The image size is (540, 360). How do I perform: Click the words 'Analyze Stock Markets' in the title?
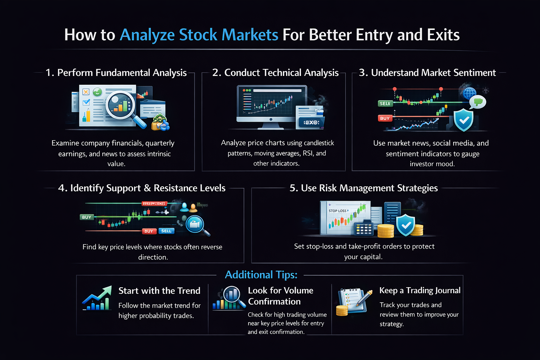[x=199, y=35]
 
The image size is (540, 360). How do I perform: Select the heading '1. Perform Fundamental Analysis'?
[x=116, y=73]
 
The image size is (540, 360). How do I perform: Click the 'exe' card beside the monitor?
[x=311, y=122]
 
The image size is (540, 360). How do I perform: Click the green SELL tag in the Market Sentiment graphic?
[x=385, y=103]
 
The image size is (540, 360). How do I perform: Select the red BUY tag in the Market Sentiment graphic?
[x=385, y=118]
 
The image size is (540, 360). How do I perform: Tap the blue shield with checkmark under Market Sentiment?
[x=463, y=120]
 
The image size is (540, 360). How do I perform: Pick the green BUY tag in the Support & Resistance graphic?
[x=86, y=217]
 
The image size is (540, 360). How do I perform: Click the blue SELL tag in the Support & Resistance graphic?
[x=166, y=231]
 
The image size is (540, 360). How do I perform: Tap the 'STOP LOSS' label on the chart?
[x=338, y=211]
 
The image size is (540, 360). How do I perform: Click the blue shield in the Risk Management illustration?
[x=405, y=225]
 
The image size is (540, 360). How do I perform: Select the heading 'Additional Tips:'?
[x=261, y=275]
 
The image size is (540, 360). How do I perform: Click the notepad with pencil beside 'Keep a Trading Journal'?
[x=353, y=301]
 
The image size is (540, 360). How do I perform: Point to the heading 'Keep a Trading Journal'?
[x=420, y=290]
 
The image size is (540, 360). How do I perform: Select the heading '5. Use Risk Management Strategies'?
[x=364, y=188]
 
